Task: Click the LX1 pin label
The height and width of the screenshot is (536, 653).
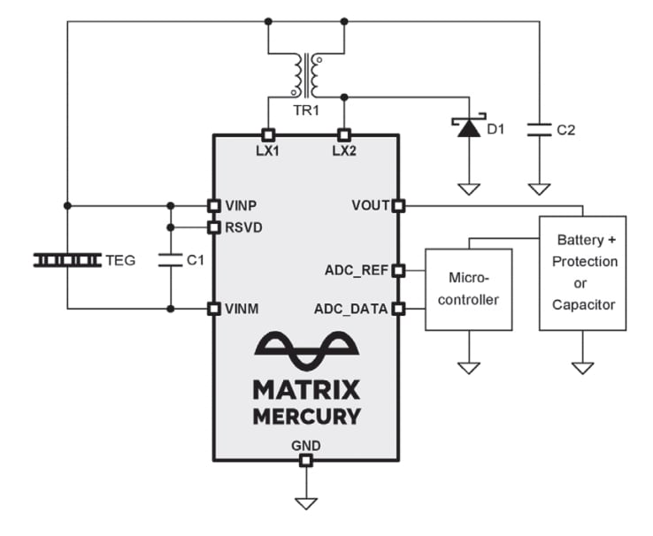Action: point(267,150)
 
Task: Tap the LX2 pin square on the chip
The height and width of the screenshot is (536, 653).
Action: point(343,134)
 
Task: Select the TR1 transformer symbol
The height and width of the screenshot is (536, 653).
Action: point(306,76)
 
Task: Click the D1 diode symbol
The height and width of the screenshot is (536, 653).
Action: point(468,129)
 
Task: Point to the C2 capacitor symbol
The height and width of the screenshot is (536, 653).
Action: point(538,129)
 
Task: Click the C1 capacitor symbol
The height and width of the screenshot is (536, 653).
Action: point(170,260)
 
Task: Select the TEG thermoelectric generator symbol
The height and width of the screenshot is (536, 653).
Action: point(67,260)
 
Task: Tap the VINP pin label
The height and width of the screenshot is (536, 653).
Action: point(241,205)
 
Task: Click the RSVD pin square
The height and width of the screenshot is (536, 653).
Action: point(212,227)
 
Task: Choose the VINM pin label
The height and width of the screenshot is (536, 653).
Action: point(242,309)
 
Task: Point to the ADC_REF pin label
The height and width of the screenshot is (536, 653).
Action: point(356,270)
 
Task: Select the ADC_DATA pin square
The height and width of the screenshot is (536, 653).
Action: point(397,309)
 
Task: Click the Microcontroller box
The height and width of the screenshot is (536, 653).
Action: point(468,289)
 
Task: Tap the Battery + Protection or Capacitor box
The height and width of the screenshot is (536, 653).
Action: point(582,272)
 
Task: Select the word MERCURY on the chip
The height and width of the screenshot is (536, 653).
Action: point(306,417)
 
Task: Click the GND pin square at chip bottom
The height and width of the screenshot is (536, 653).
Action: point(305,461)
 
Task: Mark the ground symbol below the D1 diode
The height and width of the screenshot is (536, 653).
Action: point(468,188)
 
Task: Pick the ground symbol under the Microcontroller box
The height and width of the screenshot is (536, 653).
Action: point(468,366)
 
